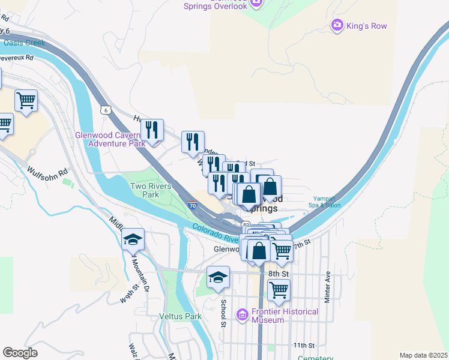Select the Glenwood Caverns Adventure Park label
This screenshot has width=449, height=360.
[x=109, y=139]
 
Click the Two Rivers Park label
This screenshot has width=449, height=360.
[x=145, y=190]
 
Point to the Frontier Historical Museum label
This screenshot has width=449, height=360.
[x=285, y=316]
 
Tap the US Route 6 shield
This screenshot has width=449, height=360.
[x=106, y=110]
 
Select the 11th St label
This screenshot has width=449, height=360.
[x=304, y=346]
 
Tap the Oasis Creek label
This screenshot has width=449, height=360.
[x=24, y=43]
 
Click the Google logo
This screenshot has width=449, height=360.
[x=20, y=353]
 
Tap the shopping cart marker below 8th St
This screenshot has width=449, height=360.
[x=279, y=290]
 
